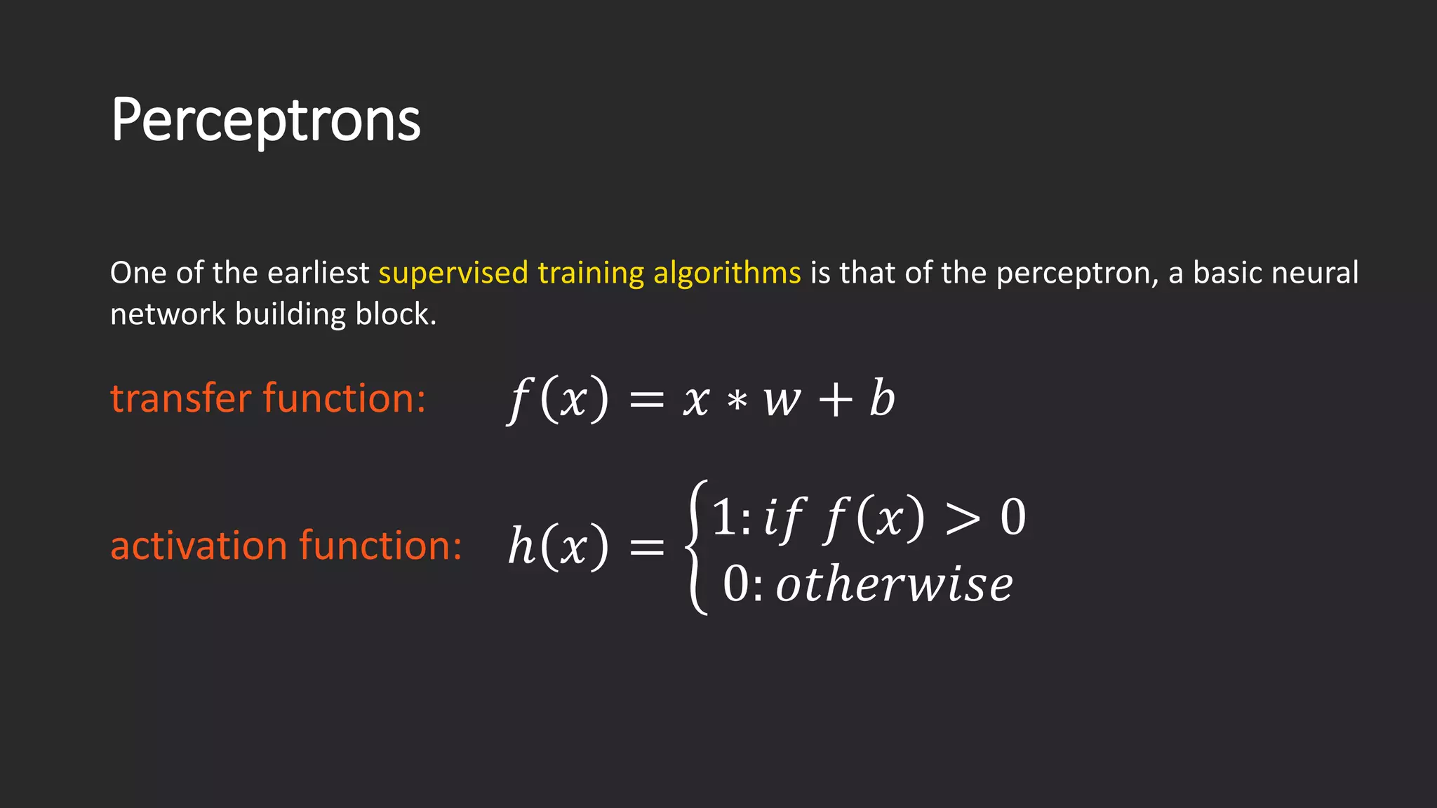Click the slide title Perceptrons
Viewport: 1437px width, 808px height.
(265, 121)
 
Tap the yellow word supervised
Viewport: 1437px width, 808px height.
(453, 273)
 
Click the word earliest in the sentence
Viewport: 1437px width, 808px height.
(318, 273)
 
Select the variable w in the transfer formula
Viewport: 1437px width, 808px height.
(782, 401)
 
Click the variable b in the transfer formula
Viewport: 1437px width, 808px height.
(882, 398)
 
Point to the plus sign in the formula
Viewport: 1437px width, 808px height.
(835, 401)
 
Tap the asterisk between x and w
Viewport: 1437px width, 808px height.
(736, 401)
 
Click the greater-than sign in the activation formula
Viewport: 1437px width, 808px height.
(962, 520)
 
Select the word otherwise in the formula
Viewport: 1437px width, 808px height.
(894, 584)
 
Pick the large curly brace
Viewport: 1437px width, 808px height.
(697, 547)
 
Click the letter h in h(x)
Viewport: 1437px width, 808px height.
(521, 546)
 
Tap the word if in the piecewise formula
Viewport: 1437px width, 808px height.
(782, 519)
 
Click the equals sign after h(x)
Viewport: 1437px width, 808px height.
(646, 547)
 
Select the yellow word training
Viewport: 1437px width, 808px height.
(591, 273)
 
